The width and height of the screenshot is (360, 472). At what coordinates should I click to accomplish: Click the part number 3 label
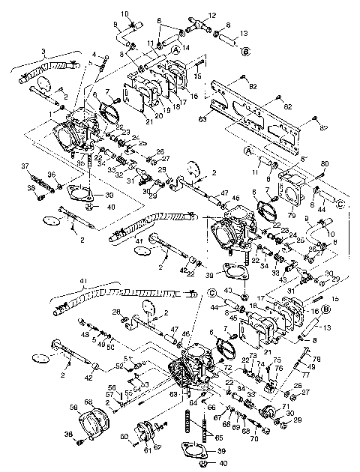click(45, 53)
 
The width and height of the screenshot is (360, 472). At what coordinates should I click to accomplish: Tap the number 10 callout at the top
click(125, 13)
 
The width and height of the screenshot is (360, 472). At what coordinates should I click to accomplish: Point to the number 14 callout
click(185, 46)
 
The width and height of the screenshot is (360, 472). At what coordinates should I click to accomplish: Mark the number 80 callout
click(325, 163)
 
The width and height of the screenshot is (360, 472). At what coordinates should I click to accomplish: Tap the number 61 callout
click(148, 450)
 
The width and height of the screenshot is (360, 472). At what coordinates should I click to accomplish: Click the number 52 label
click(121, 366)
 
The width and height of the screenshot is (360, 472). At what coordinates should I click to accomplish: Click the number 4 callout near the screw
click(94, 53)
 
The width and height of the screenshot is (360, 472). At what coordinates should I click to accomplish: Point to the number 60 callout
click(124, 438)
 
